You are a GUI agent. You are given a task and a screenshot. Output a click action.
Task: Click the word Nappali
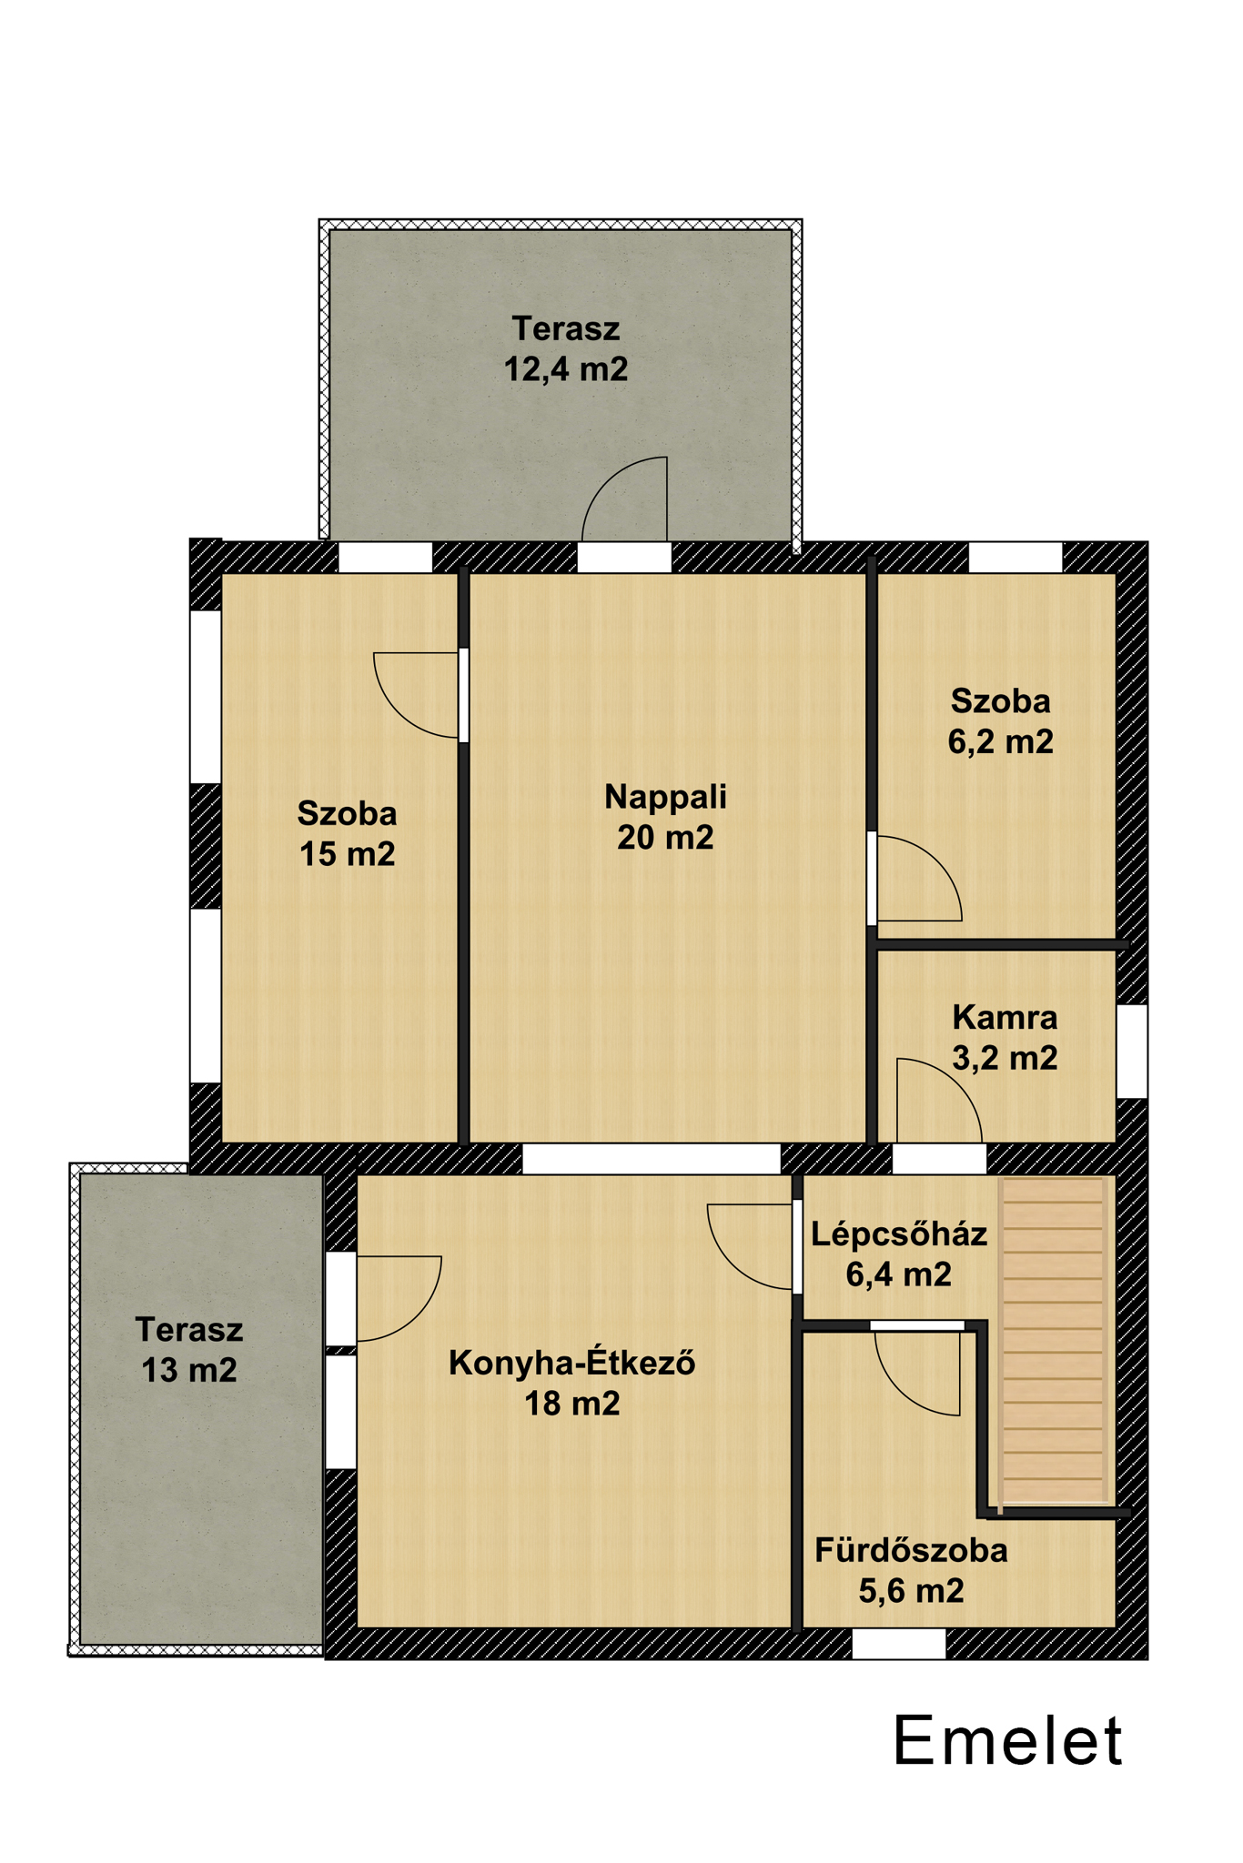[x=665, y=798]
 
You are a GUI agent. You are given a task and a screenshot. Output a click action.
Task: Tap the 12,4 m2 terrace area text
[x=566, y=369]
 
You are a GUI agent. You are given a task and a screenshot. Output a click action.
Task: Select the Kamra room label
[x=1005, y=1017]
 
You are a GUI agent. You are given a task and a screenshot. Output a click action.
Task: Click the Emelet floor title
[x=1008, y=1741]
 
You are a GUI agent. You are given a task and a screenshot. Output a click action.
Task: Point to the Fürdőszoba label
[x=911, y=1550]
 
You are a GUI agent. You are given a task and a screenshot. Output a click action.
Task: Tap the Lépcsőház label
[x=899, y=1234]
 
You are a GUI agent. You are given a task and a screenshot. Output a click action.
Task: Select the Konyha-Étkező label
[x=572, y=1363]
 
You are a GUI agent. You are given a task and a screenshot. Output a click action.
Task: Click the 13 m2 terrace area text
[x=189, y=1370]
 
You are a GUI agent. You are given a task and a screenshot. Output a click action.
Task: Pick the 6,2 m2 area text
[x=1001, y=741]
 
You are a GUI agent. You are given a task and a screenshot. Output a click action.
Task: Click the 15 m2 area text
[x=348, y=854]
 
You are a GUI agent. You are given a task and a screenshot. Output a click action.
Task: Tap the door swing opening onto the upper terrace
[x=625, y=499]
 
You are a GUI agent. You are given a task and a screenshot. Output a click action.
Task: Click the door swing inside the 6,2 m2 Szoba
[x=919, y=878]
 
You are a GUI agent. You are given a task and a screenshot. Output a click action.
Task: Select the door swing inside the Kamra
[x=939, y=1100]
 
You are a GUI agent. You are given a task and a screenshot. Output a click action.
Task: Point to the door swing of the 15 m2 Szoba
[x=416, y=695]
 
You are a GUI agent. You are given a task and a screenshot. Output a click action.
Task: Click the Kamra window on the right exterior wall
[x=1132, y=1051]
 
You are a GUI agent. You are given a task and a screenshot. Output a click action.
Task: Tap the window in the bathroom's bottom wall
[x=899, y=1643]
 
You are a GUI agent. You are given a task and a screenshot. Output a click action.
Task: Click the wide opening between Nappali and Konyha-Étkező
[x=652, y=1158]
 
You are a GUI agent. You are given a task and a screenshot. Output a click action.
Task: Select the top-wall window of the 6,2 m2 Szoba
[x=1016, y=557]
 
